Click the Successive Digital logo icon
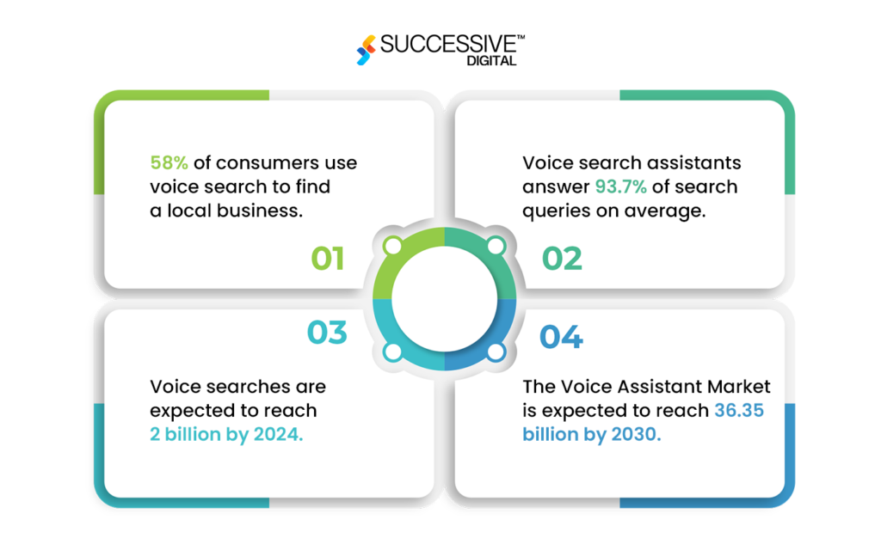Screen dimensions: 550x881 (367, 50)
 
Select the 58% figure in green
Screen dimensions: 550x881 (169, 163)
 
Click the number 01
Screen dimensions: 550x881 (327, 258)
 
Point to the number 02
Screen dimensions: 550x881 (562, 258)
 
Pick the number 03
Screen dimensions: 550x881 (327, 333)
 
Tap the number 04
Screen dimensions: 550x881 (562, 337)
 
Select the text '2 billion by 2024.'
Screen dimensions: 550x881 (226, 434)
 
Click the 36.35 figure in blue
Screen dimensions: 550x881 (739, 411)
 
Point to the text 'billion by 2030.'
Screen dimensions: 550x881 (592, 434)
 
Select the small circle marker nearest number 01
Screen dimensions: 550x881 (392, 247)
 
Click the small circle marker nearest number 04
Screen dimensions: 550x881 (496, 351)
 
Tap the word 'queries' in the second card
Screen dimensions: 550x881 (553, 211)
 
